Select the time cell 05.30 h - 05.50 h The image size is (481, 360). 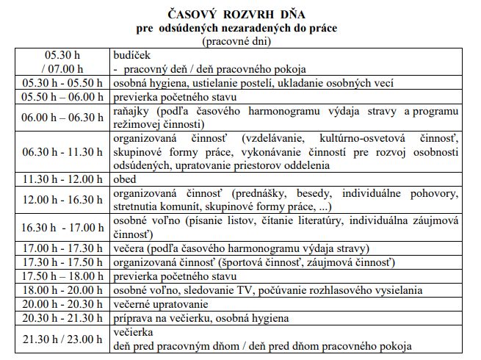[x=63, y=84]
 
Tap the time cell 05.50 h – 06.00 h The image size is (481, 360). [x=63, y=98]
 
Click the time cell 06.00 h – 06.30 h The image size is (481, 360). [x=63, y=118]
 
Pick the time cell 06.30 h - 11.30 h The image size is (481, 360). [x=63, y=151]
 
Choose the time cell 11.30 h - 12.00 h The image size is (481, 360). [x=63, y=179]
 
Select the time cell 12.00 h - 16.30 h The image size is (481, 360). [x=63, y=199]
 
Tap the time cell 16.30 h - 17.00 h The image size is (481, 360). [x=63, y=227]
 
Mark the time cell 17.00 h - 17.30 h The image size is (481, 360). [x=63, y=248]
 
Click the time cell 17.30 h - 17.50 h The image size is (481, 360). [x=63, y=262]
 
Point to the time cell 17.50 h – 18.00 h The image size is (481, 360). [x=63, y=276]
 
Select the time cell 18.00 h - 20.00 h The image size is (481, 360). [x=63, y=290]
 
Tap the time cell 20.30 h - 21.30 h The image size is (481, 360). [x=63, y=318]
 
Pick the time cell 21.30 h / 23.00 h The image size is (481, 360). [x=63, y=339]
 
